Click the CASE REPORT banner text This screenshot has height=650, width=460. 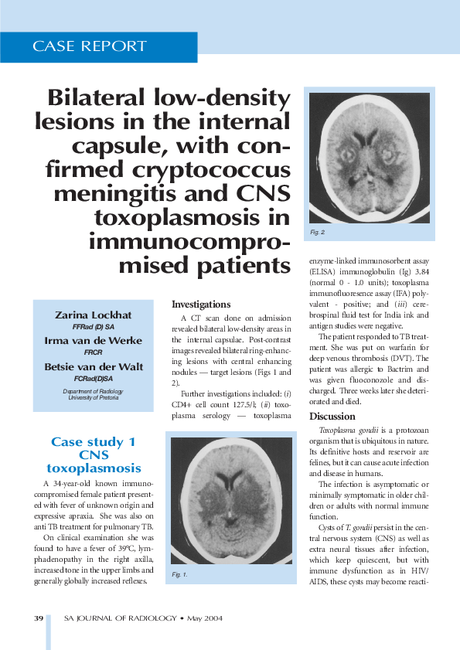pyautogui.click(x=90, y=46)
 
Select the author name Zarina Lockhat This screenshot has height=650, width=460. pyautogui.click(x=94, y=315)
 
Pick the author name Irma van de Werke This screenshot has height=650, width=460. pyautogui.click(x=94, y=340)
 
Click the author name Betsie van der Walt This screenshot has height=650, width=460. pyautogui.click(x=94, y=366)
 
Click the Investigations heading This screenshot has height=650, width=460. pyautogui.click(x=201, y=305)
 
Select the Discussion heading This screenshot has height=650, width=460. pyautogui.click(x=332, y=417)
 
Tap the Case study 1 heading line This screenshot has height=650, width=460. pyautogui.click(x=94, y=442)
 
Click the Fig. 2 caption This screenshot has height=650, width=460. pyautogui.click(x=317, y=232)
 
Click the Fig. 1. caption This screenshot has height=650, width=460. pyautogui.click(x=180, y=574)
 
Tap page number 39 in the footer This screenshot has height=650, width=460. pyautogui.click(x=39, y=618)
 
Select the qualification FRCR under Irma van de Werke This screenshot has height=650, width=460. pyautogui.click(x=94, y=352)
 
